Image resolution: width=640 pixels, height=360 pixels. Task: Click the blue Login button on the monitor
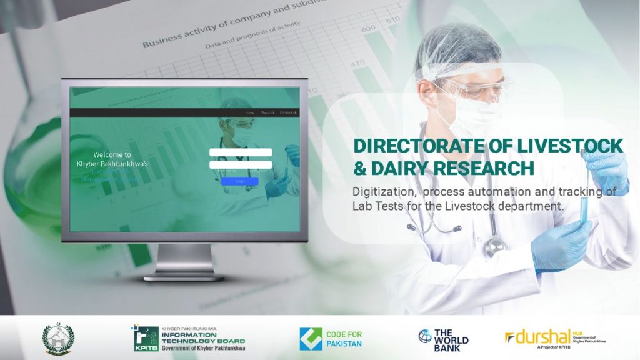pyautogui.click(x=239, y=181)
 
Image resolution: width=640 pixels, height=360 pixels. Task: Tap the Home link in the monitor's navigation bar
pyautogui.click(x=250, y=112)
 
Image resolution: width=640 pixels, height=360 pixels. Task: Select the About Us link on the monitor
pyautogui.click(x=267, y=112)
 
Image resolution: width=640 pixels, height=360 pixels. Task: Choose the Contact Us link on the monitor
pyautogui.click(x=288, y=112)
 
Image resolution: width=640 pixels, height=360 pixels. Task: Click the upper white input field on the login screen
pyautogui.click(x=241, y=152)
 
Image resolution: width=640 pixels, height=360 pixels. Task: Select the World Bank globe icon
pyautogui.click(x=425, y=336)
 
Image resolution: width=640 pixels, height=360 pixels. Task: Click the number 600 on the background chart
pyautogui.click(x=369, y=28)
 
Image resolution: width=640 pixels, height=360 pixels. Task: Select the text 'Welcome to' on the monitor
pyautogui.click(x=112, y=154)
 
